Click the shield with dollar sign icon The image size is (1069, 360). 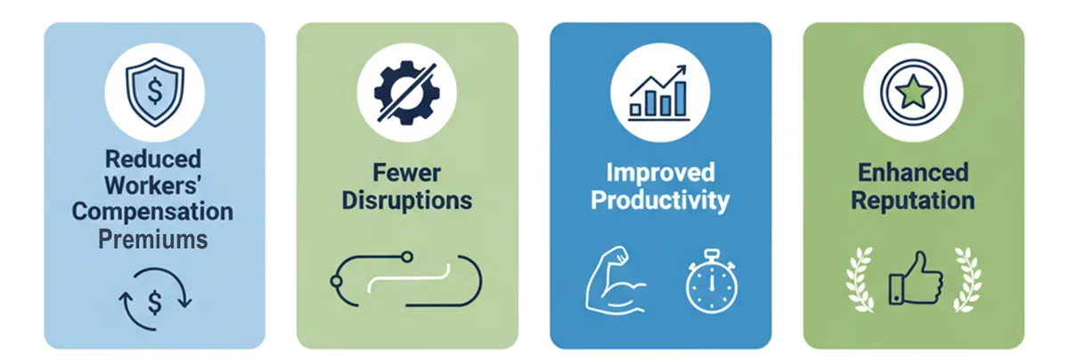click(x=155, y=92)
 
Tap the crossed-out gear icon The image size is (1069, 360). click(x=406, y=93)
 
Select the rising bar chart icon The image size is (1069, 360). click(x=659, y=93)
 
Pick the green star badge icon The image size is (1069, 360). click(x=913, y=92)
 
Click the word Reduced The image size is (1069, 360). click(x=153, y=159)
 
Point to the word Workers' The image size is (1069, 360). click(x=152, y=185)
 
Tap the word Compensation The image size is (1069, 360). click(x=152, y=211)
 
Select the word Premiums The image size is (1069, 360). click(x=153, y=239)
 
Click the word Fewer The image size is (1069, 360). click(x=406, y=172)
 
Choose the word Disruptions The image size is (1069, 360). click(x=407, y=200)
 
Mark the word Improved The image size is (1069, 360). click(x=660, y=172)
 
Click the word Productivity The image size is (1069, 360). click(x=660, y=200)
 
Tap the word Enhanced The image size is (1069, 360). click(x=913, y=172)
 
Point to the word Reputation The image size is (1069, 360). click(x=913, y=200)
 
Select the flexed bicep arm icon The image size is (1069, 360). click(x=616, y=280)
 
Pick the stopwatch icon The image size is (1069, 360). click(x=711, y=282)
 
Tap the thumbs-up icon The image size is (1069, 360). click(x=916, y=278)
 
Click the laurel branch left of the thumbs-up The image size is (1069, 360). click(x=861, y=280)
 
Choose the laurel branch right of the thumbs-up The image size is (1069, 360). click(x=967, y=280)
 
